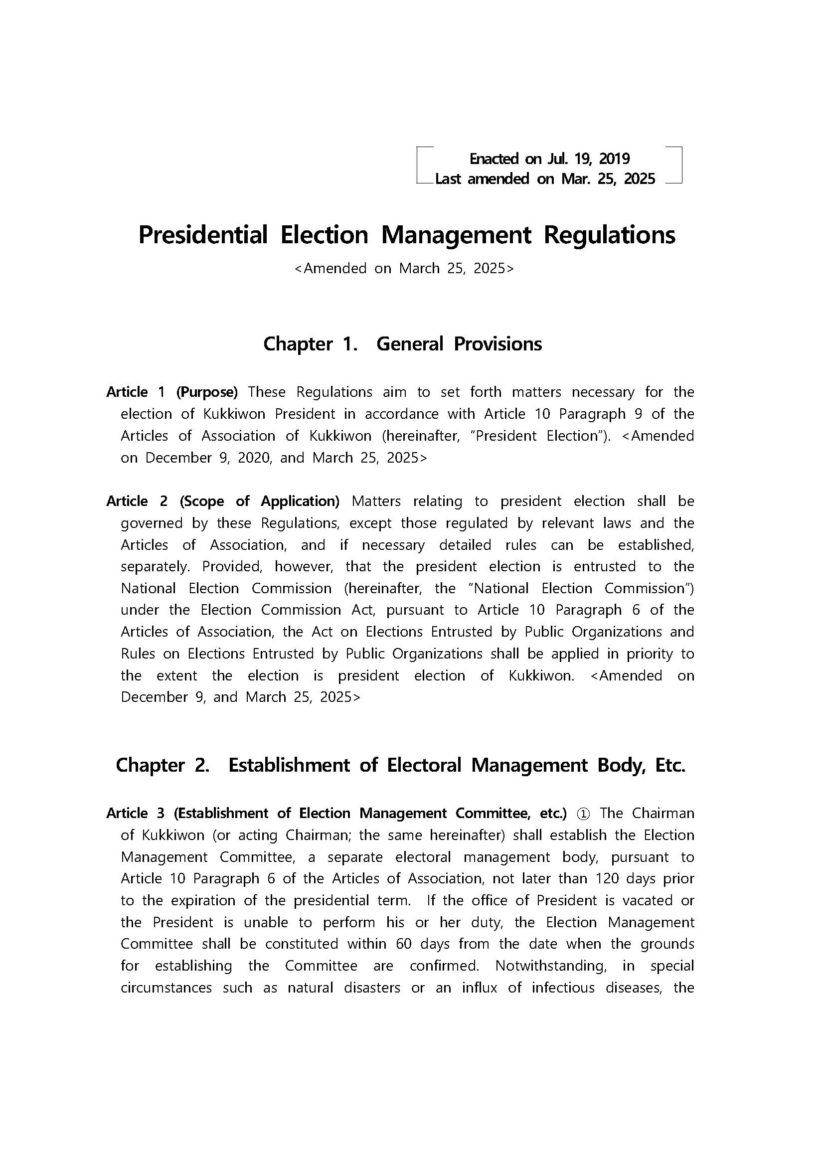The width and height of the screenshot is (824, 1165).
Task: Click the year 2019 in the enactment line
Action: pyautogui.click(x=615, y=159)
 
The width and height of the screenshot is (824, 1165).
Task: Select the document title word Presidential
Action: pyautogui.click(x=203, y=235)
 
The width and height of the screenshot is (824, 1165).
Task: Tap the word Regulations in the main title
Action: pyautogui.click(x=609, y=235)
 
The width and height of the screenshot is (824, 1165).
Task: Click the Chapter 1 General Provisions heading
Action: pyautogui.click(x=402, y=344)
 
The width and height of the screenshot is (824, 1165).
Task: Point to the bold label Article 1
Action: pyautogui.click(x=136, y=392)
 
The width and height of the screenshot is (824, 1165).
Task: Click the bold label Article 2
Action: pyautogui.click(x=137, y=501)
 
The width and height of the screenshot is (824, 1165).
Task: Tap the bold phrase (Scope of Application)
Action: pyautogui.click(x=259, y=501)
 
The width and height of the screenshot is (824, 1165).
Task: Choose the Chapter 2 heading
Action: pyautogui.click(x=400, y=765)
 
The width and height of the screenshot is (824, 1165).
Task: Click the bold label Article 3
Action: pyautogui.click(x=136, y=814)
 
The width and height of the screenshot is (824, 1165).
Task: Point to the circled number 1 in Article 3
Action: pyautogui.click(x=583, y=814)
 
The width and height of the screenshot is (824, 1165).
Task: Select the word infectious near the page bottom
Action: pyautogui.click(x=563, y=988)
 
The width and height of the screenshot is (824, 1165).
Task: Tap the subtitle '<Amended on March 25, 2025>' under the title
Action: pyautogui.click(x=404, y=268)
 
